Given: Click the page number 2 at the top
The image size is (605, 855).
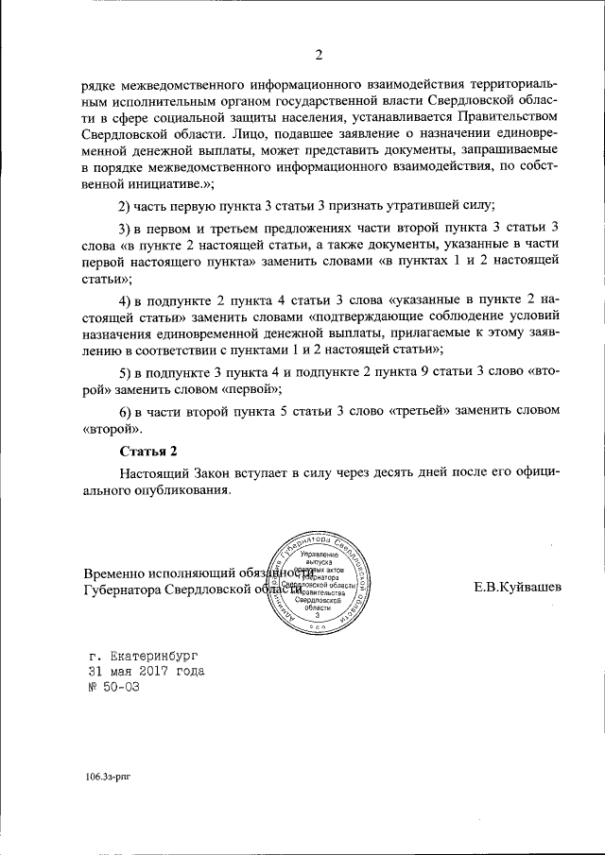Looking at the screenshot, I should (x=319, y=53).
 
